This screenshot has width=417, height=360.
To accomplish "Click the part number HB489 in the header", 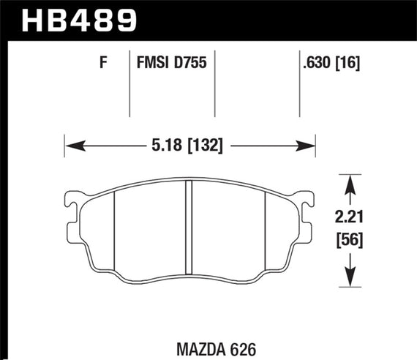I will (x=81, y=20).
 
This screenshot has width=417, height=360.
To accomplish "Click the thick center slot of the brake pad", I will (x=189, y=228).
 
